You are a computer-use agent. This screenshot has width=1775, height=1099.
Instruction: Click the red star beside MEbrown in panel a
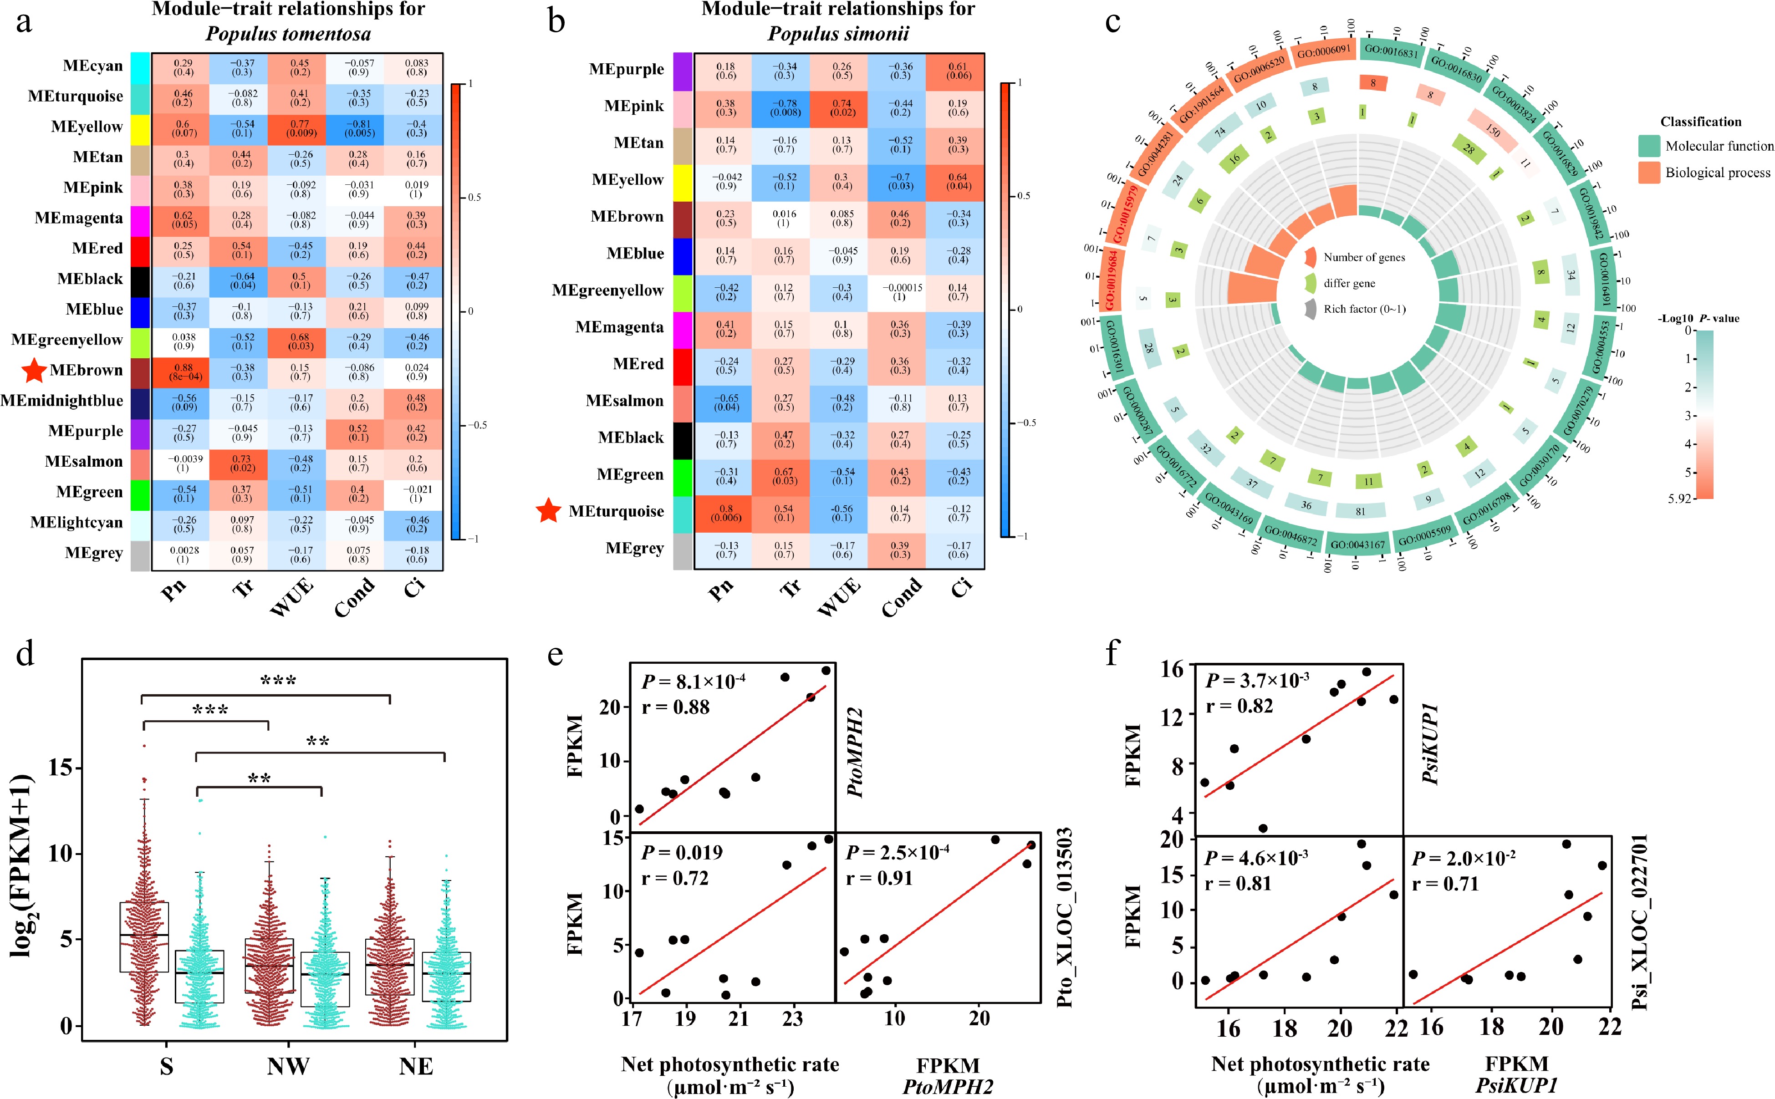pyautogui.click(x=33, y=370)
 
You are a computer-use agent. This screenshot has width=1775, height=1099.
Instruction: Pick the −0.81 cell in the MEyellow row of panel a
pyautogui.click(x=359, y=129)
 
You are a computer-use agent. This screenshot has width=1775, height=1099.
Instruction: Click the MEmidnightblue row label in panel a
pyautogui.click(x=62, y=401)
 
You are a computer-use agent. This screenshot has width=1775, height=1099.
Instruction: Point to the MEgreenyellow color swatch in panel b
pyautogui.click(x=683, y=291)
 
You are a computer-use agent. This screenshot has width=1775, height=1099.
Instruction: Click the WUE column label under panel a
pyautogui.click(x=292, y=597)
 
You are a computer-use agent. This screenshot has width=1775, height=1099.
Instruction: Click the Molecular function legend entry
pyautogui.click(x=1719, y=146)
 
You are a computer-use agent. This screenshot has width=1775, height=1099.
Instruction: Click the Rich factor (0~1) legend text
pyautogui.click(x=1364, y=309)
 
